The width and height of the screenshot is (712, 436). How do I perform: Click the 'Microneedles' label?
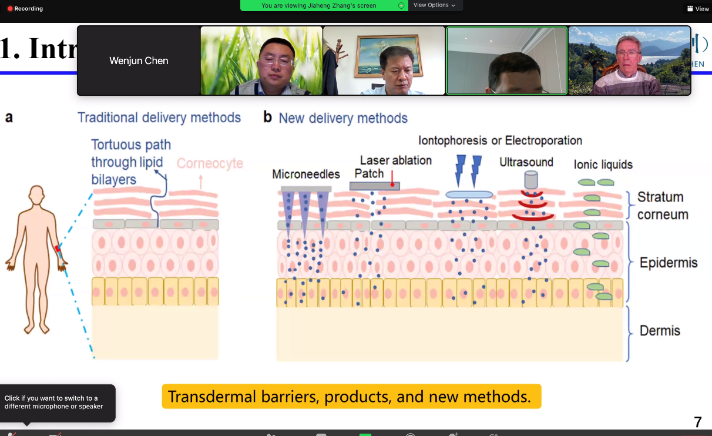pyautogui.click(x=306, y=175)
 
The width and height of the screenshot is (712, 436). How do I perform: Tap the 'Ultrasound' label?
pyautogui.click(x=526, y=162)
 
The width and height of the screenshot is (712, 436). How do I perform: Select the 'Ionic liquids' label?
pyautogui.click(x=603, y=165)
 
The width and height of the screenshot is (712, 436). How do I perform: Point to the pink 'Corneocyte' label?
pyautogui.click(x=210, y=163)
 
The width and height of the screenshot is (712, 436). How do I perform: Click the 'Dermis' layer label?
pyautogui.click(x=660, y=330)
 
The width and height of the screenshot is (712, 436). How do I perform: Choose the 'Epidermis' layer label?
pyautogui.click(x=669, y=263)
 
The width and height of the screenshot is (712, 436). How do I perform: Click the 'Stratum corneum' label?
pyautogui.click(x=663, y=206)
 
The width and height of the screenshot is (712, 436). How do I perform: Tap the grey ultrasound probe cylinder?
pyautogui.click(x=531, y=180)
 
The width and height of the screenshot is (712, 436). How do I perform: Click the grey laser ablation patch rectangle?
pyautogui.click(x=374, y=186)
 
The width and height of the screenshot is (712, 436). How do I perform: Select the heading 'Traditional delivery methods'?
pyautogui.click(x=159, y=118)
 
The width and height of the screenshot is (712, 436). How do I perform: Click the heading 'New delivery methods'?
pyautogui.click(x=343, y=118)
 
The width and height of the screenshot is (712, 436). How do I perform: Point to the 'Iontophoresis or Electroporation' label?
pyautogui.click(x=500, y=140)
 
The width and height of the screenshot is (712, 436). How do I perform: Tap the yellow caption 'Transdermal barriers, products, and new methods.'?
pyautogui.click(x=351, y=397)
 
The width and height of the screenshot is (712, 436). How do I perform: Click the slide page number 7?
pyautogui.click(x=698, y=422)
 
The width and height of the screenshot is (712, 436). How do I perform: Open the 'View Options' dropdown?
pyautogui.click(x=435, y=5)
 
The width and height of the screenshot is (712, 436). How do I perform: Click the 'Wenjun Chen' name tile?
pyautogui.click(x=139, y=61)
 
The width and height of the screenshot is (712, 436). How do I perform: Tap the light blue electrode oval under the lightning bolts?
pyautogui.click(x=469, y=194)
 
